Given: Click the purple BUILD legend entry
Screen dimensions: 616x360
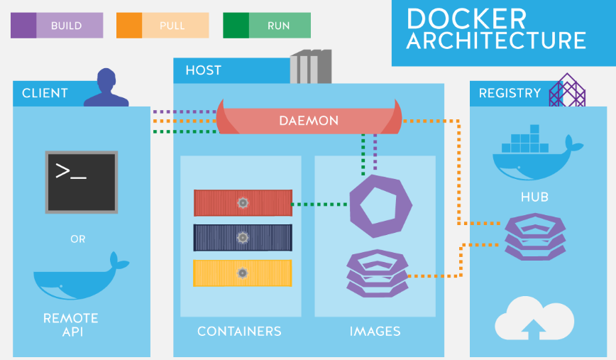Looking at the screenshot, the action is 57,26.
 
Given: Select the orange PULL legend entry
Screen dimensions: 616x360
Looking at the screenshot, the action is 163,26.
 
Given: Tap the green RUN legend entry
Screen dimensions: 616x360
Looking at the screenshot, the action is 267,26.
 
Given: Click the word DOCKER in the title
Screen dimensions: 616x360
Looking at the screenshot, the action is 466,18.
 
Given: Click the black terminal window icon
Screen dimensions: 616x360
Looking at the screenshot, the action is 82,182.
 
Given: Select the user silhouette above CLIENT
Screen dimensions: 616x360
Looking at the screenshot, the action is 106,87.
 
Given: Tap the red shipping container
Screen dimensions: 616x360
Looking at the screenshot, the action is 243,203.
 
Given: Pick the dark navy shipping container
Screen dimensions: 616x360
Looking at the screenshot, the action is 243,238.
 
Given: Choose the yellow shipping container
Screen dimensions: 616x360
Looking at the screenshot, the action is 243,273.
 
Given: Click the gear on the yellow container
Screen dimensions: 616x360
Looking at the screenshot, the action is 243,273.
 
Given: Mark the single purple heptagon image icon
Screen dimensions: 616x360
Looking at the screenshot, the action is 380,207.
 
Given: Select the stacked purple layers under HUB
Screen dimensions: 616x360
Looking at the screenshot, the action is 536,236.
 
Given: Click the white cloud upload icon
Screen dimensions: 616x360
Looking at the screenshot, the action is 534,318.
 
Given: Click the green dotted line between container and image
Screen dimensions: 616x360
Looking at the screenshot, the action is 319,204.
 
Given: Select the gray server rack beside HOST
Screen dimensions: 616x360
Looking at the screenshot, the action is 311,67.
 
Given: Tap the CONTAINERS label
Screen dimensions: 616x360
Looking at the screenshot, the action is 239,332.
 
